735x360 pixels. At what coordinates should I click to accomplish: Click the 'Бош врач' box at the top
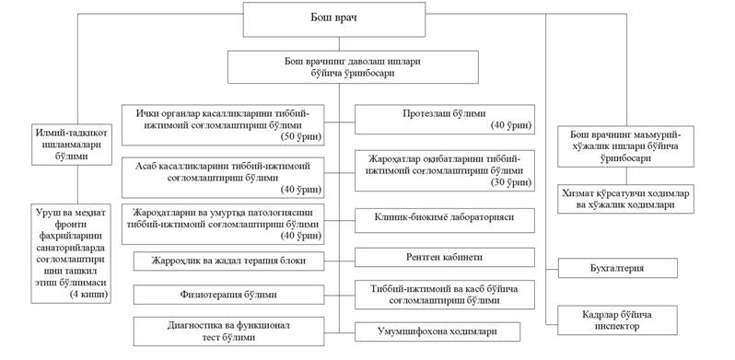[333, 19]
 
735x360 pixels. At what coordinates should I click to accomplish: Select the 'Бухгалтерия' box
[617, 268]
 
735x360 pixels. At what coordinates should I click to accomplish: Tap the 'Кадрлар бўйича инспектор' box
[617, 320]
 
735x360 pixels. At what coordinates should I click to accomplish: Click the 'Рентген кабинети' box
[444, 258]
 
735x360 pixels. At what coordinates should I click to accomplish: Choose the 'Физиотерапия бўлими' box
[228, 295]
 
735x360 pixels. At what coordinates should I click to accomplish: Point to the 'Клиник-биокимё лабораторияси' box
[444, 220]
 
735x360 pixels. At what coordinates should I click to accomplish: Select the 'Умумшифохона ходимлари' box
[437, 331]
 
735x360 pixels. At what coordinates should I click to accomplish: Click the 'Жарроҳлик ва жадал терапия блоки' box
[228, 261]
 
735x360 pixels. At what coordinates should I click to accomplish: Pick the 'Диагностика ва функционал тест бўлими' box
[228, 331]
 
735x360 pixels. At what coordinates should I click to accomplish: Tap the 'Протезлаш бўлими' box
[444, 119]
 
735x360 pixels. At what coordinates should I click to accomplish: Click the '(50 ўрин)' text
[301, 137]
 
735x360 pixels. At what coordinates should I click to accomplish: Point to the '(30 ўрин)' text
[511, 182]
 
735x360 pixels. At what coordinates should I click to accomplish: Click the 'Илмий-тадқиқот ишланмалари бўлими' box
[72, 145]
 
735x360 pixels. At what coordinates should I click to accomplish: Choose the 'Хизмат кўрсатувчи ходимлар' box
[625, 199]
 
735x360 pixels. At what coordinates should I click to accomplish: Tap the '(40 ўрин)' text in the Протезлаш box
[511, 125]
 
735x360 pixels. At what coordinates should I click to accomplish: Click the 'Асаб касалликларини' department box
[223, 178]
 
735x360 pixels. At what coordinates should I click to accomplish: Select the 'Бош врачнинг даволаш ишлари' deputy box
[353, 67]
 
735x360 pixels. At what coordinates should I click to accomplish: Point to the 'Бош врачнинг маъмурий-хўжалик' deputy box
[625, 146]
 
